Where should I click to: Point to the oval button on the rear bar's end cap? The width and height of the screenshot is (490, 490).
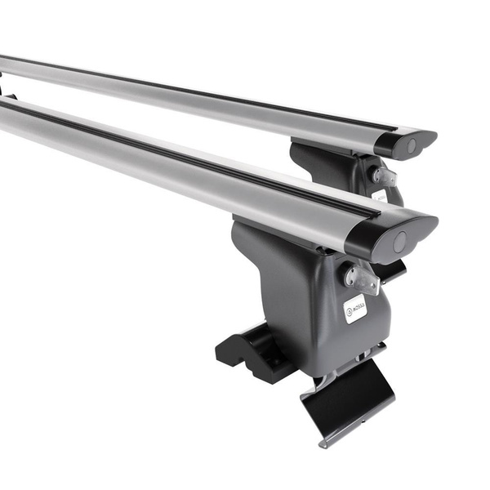click(x=412, y=145)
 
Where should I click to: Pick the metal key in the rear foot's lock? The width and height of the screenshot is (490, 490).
click(x=385, y=176)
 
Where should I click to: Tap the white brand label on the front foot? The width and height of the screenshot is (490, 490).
click(x=354, y=309)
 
